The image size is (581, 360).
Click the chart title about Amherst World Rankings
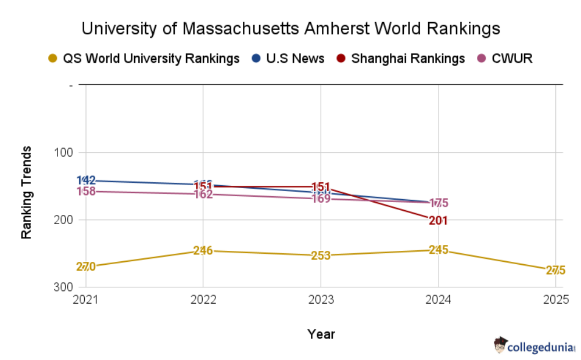290,28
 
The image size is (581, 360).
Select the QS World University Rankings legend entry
145,59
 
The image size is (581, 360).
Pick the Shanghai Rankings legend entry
401,59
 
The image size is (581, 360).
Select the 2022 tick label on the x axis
203,300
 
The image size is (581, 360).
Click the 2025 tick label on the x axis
554,300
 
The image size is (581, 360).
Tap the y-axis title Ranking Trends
26,192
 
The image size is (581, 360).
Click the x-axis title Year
321,334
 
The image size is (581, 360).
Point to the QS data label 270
86,267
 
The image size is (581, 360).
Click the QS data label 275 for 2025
555,271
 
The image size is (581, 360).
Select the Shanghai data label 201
438,221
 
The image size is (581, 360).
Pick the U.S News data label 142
86,180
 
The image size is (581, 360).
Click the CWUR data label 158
86,191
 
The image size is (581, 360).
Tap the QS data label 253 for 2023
321,255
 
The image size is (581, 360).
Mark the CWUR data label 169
321,199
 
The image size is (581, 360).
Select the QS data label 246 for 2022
203,251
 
